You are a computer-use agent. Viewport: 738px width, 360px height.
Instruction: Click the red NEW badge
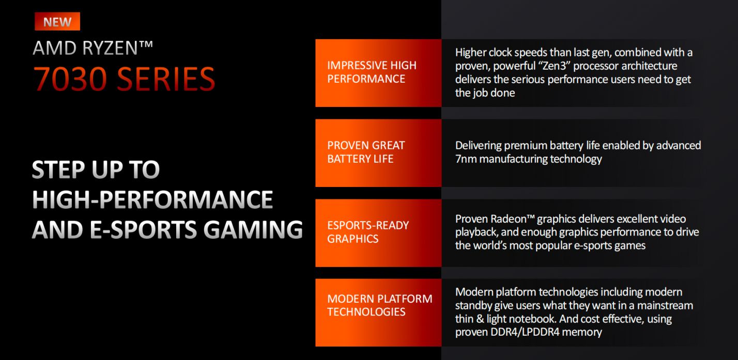click(57, 21)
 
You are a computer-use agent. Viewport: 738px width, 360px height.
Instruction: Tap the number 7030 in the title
click(70, 79)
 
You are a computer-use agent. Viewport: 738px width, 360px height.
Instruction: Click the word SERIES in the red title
click(166, 79)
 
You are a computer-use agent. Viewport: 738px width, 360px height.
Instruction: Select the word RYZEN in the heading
click(110, 48)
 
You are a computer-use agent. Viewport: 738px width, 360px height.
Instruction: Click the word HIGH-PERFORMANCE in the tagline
click(152, 199)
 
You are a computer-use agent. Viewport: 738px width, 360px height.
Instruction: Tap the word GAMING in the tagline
click(253, 229)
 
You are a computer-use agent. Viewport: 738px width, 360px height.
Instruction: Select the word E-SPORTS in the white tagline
click(143, 229)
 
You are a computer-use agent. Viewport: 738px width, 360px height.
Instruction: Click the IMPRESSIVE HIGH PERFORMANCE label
click(372, 72)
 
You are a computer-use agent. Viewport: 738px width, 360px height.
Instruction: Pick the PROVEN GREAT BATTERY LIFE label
click(366, 152)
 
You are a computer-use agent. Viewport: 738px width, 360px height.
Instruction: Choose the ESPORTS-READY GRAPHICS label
click(367, 232)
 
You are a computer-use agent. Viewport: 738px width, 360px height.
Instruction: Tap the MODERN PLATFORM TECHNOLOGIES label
click(379, 305)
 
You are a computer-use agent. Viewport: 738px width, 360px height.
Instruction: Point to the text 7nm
click(466, 159)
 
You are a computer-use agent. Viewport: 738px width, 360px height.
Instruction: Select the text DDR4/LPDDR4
click(525, 332)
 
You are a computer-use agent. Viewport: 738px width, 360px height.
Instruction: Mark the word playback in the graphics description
click(476, 232)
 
